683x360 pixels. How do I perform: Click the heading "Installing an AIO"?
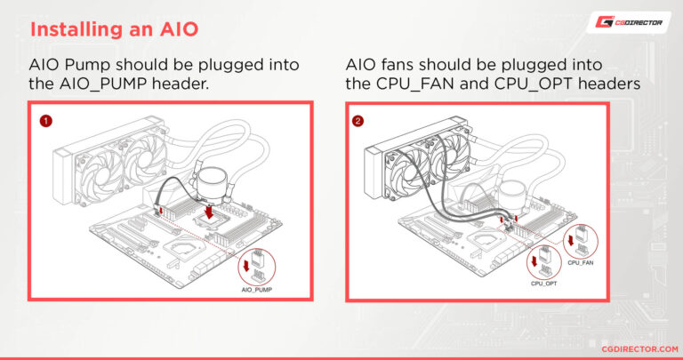pos(113,28)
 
